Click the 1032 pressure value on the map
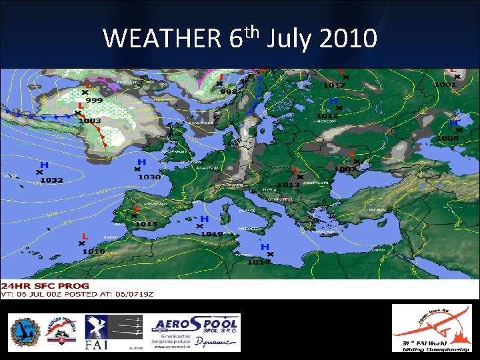coord(51,180)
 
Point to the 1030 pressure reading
coord(149,177)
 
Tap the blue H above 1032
coord(44,165)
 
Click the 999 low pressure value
coord(94,99)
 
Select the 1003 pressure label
coord(89,121)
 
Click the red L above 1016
coord(85,236)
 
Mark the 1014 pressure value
coord(259,262)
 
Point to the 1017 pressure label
coord(334,85)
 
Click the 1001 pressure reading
coord(445,85)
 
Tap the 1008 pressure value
coord(448,138)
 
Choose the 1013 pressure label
coord(288,185)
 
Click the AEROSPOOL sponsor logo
coord(196,332)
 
